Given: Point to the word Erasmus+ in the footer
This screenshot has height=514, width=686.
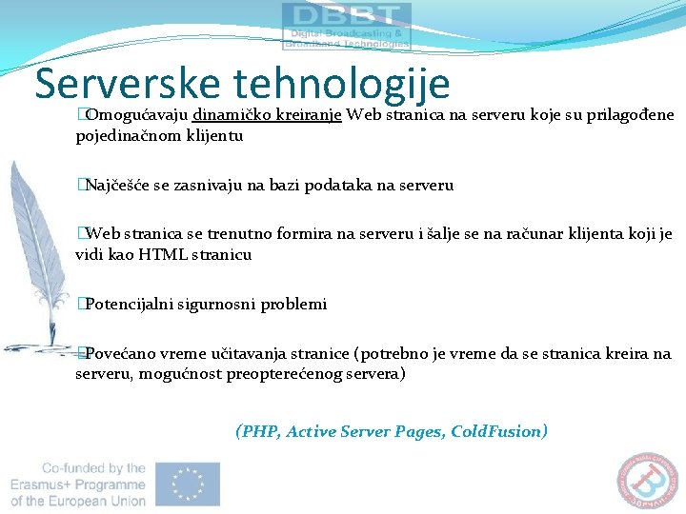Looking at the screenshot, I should tap(44, 484).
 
